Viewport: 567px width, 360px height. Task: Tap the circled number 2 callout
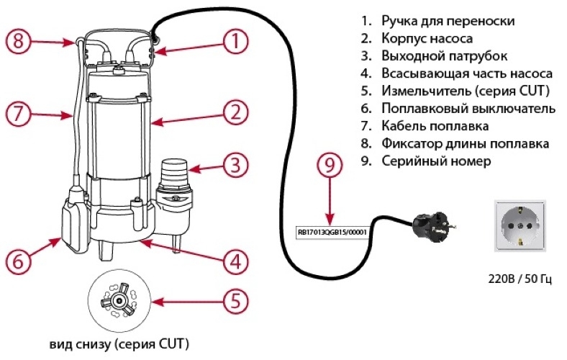(235, 112)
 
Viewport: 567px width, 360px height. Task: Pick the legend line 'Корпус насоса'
(427, 38)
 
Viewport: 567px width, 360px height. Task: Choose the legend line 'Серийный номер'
(436, 161)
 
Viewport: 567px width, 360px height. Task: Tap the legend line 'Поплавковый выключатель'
(468, 109)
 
